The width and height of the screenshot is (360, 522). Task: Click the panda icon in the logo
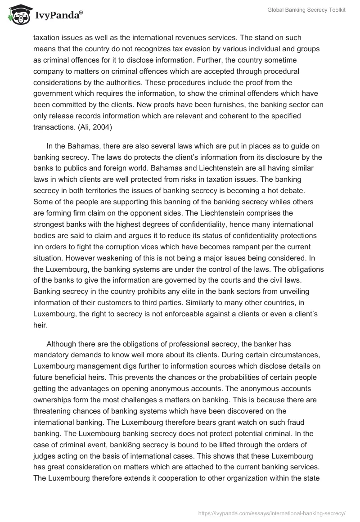tap(17, 15)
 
